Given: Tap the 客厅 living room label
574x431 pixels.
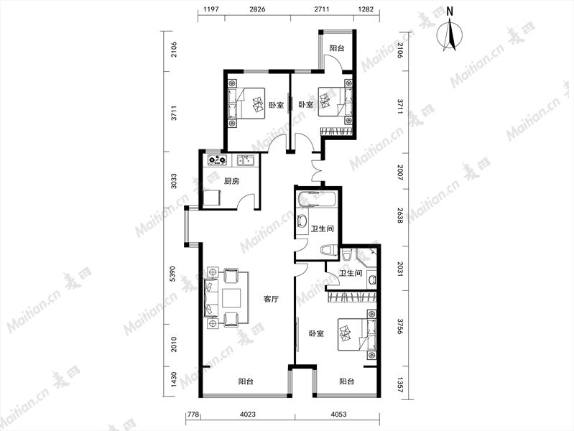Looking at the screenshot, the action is [271, 299].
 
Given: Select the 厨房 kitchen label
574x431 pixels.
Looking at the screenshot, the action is [231, 181].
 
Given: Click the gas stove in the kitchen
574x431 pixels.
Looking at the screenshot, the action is [217, 160].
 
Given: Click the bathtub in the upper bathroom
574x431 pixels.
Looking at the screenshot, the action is [316, 199].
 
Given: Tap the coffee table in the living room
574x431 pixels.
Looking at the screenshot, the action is [231, 297].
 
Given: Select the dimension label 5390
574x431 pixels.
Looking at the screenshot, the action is [173, 274].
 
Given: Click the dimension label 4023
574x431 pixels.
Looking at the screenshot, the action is [248, 414].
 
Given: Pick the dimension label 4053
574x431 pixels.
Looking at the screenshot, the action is [338, 414].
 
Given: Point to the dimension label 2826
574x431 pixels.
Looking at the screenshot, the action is [257, 9].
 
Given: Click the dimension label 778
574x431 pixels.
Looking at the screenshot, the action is [193, 414].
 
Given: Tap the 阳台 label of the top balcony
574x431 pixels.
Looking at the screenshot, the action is [336, 48].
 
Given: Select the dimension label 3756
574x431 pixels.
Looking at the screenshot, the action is [400, 326].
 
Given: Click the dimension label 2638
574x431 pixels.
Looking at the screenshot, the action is [400, 216].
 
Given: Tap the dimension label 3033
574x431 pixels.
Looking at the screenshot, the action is [173, 181].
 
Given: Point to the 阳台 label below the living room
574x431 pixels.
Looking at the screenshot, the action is [246, 381].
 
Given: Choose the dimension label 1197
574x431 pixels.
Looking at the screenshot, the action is [211, 9].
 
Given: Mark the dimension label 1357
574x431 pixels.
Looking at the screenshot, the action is [400, 384].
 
